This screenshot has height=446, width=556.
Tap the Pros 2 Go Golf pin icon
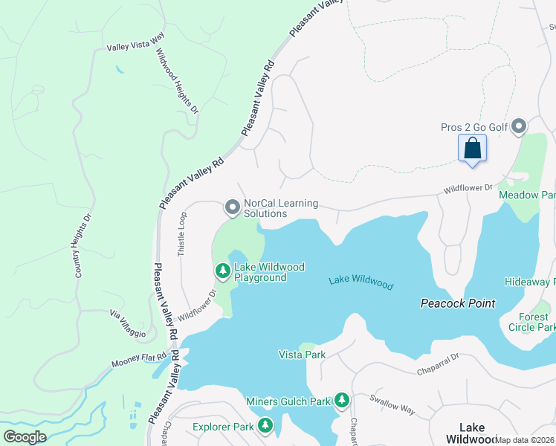(519, 127)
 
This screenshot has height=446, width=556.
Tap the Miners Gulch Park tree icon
(342, 401)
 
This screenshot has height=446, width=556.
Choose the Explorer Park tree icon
(265, 426)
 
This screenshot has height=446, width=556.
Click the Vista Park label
(302, 355)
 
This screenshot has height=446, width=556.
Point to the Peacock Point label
(457, 303)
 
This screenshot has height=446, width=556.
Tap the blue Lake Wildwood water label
(361, 282)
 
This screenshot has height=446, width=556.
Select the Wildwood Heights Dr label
(176, 82)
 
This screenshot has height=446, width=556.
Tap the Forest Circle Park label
(531, 322)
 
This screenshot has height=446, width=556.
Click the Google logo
(25, 436)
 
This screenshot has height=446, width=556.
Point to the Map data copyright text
(524, 440)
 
